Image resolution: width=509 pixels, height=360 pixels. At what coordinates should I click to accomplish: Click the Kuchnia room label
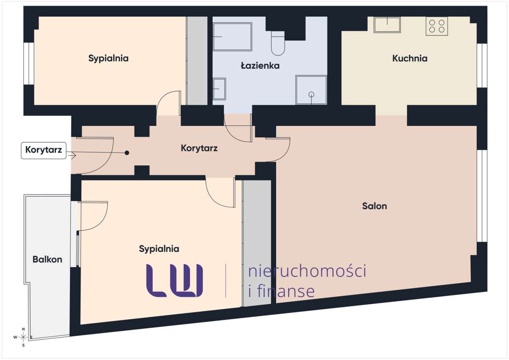tap(409, 59)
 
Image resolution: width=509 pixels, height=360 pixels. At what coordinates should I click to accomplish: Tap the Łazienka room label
tap(260, 66)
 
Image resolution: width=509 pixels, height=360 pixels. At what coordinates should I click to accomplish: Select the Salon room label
tap(375, 207)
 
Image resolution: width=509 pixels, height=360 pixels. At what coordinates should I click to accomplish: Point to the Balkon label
tap(48, 259)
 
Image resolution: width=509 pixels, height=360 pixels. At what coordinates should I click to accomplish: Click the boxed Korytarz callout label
tap(44, 150)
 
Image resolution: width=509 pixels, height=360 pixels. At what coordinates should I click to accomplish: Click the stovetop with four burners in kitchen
tap(437, 25)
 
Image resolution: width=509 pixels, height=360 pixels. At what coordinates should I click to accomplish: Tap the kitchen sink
tap(387, 25)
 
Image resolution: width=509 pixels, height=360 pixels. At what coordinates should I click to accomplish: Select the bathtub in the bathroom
tap(232, 37)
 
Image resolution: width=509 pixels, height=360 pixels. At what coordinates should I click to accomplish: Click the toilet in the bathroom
tap(278, 45)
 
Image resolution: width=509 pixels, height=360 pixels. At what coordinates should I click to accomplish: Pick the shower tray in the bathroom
tap(311, 90)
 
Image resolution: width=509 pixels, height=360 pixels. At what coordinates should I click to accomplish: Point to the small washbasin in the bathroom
tap(219, 89)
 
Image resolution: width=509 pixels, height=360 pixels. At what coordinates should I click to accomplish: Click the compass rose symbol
tap(23, 337)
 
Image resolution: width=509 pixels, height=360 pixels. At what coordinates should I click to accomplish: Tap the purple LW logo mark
tap(174, 280)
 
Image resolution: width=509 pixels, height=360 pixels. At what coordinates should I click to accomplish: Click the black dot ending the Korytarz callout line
tap(127, 153)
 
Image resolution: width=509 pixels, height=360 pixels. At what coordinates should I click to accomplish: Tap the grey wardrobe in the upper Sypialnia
tap(197, 61)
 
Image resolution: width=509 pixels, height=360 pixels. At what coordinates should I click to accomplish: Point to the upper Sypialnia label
tap(108, 58)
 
